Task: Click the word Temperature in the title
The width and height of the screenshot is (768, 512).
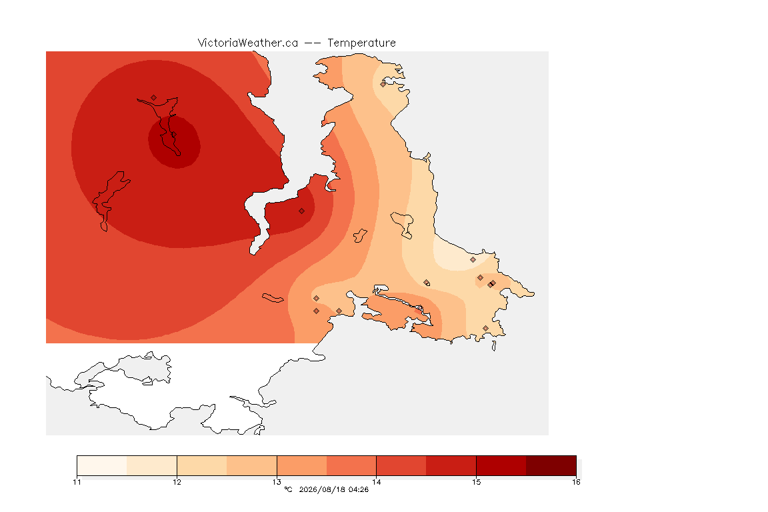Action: (x=361, y=43)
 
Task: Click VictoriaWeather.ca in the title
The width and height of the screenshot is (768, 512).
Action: (x=248, y=43)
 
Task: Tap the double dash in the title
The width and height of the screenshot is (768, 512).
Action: (x=313, y=43)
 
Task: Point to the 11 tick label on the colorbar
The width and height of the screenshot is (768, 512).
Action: (x=77, y=482)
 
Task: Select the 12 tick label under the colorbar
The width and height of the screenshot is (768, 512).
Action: (x=177, y=482)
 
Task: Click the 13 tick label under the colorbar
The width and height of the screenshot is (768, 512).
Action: (x=277, y=482)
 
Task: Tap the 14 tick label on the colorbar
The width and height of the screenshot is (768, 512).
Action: (x=376, y=482)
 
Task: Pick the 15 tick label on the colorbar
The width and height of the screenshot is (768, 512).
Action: (x=476, y=482)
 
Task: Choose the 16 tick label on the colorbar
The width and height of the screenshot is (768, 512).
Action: (x=576, y=482)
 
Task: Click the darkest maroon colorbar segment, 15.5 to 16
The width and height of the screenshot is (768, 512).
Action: (x=551, y=465)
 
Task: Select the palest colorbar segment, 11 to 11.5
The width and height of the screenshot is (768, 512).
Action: (x=102, y=465)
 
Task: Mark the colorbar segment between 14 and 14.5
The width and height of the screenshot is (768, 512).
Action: (x=401, y=465)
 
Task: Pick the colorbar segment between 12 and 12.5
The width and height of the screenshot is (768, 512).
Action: (x=202, y=465)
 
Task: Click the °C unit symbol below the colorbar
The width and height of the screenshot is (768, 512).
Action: (x=288, y=489)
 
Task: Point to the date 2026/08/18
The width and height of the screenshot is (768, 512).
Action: (x=320, y=489)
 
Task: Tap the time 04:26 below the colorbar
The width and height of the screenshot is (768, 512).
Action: (x=358, y=489)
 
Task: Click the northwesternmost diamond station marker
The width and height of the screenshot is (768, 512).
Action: (x=154, y=98)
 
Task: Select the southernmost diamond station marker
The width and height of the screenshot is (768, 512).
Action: (x=485, y=328)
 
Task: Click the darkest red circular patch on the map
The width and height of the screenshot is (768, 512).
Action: (x=175, y=142)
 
